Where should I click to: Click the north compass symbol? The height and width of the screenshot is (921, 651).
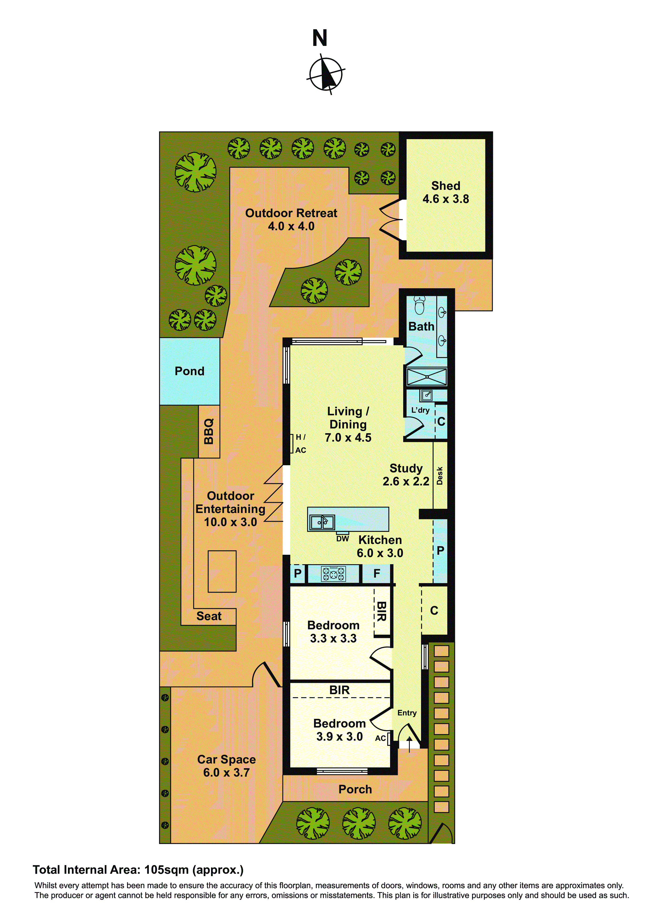[326, 74]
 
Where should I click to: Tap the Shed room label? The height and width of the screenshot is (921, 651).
[446, 186]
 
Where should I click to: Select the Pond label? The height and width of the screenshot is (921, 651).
[189, 371]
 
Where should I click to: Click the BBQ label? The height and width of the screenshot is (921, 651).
[209, 432]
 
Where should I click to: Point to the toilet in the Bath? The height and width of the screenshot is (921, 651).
[419, 306]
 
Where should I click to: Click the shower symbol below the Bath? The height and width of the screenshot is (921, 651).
[427, 377]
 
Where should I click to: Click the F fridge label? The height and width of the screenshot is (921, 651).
[377, 574]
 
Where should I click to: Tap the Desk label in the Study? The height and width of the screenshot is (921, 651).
[440, 476]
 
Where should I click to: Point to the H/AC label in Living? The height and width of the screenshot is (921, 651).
[300, 444]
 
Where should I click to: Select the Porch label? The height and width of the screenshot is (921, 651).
[355, 789]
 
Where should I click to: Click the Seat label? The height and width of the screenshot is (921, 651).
[209, 616]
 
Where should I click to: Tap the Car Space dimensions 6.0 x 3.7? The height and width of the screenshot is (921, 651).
[226, 773]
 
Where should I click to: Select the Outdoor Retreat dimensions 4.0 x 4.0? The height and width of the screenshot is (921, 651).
[291, 226]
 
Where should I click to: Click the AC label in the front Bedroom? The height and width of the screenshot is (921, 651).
[380, 738]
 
